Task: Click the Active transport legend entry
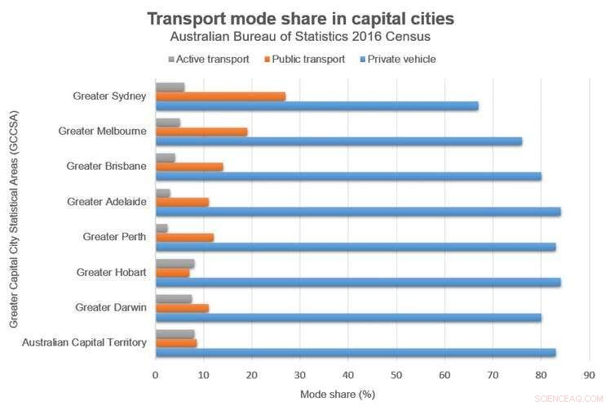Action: click(x=209, y=59)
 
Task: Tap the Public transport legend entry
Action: click(x=306, y=59)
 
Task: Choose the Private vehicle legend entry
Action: click(x=401, y=59)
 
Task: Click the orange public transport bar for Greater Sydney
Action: click(x=220, y=96)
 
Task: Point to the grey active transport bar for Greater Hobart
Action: click(x=175, y=263)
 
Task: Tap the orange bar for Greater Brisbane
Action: click(x=189, y=167)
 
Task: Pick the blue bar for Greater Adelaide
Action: click(x=357, y=212)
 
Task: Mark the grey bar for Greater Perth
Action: click(x=161, y=228)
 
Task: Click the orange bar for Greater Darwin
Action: click(x=182, y=308)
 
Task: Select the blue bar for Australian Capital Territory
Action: click(x=356, y=353)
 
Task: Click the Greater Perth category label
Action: click(x=114, y=237)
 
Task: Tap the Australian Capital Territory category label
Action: click(x=84, y=342)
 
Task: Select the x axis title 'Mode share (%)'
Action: click(x=337, y=394)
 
